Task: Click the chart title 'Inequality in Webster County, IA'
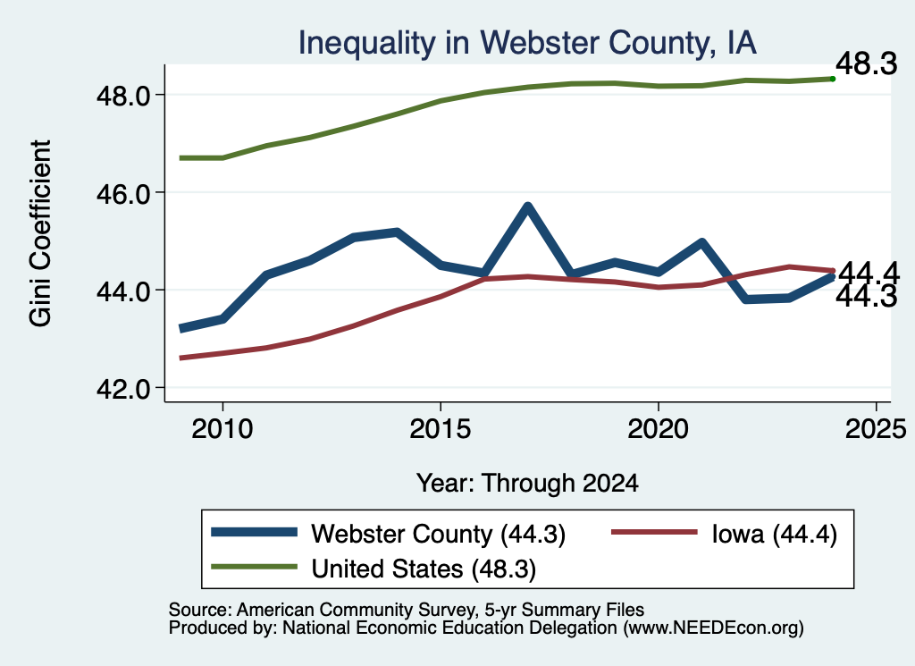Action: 527,43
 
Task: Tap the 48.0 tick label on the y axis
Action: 123,97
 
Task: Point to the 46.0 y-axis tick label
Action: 123,194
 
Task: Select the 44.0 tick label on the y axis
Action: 123,291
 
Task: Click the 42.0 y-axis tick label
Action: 123,389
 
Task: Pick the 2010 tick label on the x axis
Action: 222,429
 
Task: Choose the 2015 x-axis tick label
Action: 440,429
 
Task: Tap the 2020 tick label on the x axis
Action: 659,429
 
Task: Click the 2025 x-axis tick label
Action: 876,429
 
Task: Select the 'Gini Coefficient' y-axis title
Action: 40,233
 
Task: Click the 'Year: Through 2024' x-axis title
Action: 527,484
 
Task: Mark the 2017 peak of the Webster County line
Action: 527,207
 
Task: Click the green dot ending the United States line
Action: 833,79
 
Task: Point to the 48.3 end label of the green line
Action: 867,63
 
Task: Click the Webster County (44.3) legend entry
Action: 389,534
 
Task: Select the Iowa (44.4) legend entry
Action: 724,534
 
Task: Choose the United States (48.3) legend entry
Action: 374,569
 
